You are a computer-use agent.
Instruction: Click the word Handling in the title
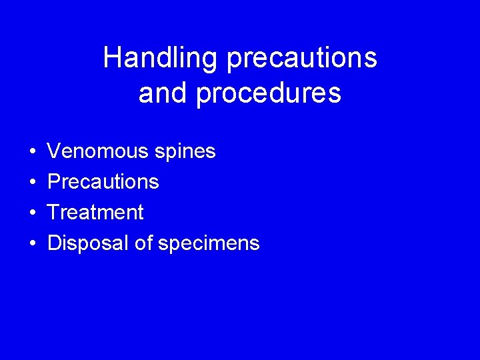(161, 59)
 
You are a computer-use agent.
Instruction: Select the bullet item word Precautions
(103, 182)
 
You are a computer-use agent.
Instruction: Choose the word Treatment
(95, 213)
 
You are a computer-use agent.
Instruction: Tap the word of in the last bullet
(143, 243)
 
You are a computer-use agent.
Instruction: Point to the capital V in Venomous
(54, 151)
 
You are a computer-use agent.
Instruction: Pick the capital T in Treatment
(53, 213)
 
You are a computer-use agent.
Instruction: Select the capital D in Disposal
(55, 243)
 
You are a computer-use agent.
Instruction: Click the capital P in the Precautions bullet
(54, 182)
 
